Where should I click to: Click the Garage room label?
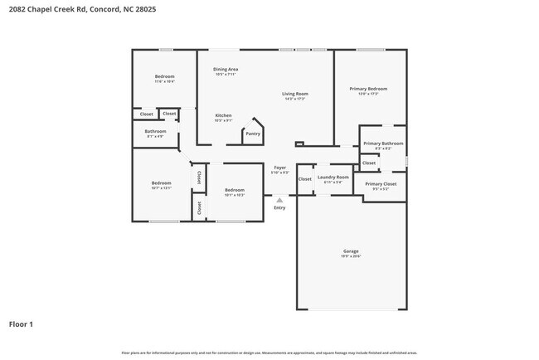tap(352, 251)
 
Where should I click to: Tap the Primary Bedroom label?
tap(368, 89)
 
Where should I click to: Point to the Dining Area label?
tap(226, 70)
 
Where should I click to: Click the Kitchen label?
tap(224, 115)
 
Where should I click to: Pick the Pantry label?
tap(253, 134)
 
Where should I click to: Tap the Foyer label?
tap(280, 168)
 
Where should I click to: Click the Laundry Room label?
tap(333, 177)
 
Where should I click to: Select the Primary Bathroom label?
tap(383, 144)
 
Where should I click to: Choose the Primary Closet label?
tap(381, 183)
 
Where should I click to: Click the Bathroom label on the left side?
tap(156, 131)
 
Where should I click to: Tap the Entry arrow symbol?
tap(279, 200)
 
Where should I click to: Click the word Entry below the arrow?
tap(279, 207)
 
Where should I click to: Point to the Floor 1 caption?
tap(22, 324)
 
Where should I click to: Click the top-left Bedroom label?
tap(164, 77)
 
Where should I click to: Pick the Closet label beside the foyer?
tap(304, 178)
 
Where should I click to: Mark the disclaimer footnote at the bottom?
tap(269, 353)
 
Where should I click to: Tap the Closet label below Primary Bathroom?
tap(369, 163)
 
